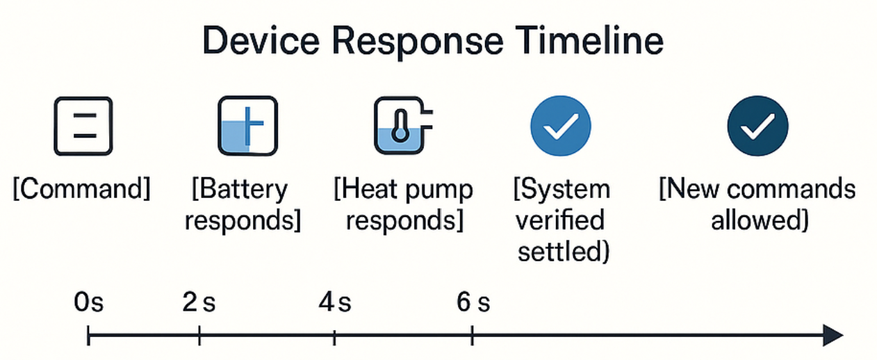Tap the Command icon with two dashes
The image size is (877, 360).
pos(83,126)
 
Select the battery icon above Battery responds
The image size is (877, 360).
pos(247,126)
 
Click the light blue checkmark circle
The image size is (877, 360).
pos(560,126)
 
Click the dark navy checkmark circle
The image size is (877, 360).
pos(757,126)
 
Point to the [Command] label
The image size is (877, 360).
pos(81,190)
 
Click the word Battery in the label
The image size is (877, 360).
pos(240,190)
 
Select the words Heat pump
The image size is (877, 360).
pos(404,190)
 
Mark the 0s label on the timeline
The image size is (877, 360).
pos(89,303)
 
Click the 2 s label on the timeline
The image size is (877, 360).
pos(199,303)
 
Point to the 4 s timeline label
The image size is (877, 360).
pos(335,303)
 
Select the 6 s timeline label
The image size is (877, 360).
pos(473,303)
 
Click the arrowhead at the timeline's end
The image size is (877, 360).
pos(833,336)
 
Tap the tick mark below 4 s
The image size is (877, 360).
pos(335,336)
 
